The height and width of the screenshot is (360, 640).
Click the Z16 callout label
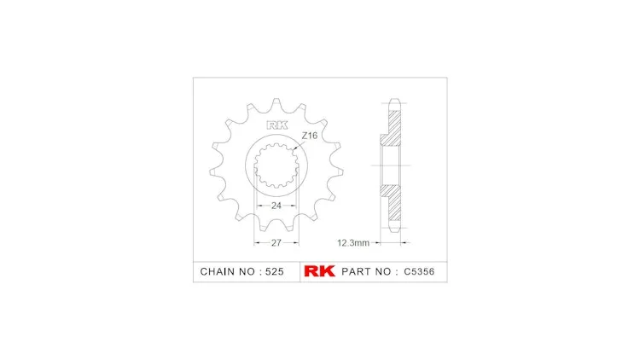[x=310, y=136]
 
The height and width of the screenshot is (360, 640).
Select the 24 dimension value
[x=276, y=206]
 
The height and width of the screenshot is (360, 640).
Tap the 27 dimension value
[x=276, y=243]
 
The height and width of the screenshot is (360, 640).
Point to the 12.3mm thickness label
[x=353, y=243]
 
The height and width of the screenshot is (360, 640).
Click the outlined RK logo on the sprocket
[x=277, y=125]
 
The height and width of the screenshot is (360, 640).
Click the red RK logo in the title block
[x=320, y=271]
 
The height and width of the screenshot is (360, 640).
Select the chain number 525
[x=275, y=271]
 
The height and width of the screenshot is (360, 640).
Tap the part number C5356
[x=419, y=271]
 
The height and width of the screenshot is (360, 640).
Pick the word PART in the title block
[x=355, y=271]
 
